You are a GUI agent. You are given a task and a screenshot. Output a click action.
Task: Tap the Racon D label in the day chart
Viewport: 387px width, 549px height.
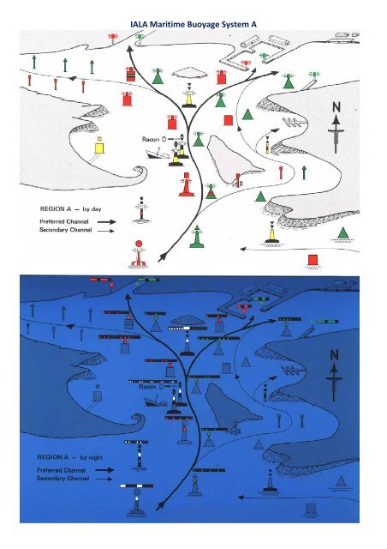point(154,138)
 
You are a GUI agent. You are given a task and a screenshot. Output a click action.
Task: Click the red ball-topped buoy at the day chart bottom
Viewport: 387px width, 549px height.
point(138,250)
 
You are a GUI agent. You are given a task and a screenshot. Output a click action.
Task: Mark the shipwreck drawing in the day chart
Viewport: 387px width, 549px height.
point(160,153)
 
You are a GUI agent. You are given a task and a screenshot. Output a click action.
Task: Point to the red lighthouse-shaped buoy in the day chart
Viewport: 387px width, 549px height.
point(182,182)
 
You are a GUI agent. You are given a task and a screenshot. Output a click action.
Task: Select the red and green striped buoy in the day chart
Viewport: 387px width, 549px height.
point(130,75)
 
